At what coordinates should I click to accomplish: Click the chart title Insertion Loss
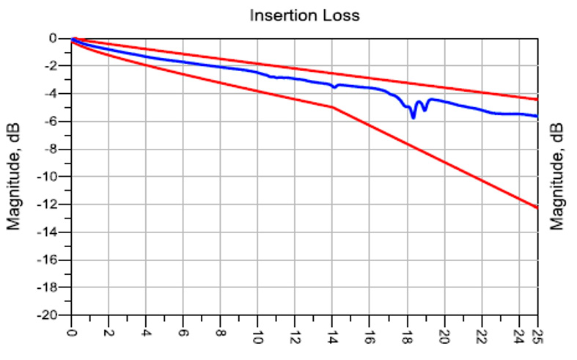305,15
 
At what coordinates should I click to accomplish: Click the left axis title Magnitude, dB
14,177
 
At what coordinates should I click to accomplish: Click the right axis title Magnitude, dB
559,177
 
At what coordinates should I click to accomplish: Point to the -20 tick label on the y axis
53,315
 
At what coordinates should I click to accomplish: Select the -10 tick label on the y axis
53,177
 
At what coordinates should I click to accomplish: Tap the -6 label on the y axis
56,121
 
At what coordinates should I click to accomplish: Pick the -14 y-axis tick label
53,232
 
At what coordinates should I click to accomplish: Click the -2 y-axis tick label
56,66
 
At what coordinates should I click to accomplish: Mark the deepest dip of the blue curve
414,117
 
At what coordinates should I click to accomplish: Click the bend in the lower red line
333,107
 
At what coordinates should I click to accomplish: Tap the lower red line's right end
537,207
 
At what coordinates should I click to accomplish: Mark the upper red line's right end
537,99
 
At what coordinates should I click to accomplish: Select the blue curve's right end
537,116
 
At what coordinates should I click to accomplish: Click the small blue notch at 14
334,87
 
